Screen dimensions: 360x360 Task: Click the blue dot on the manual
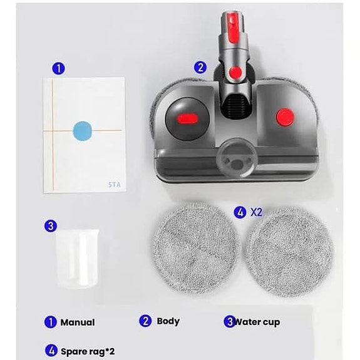pos(82,131)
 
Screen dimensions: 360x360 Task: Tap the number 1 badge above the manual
pos(58,68)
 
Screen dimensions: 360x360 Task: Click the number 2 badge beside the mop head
pos(200,67)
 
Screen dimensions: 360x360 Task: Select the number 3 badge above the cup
pos(51,225)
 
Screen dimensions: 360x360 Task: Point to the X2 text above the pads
pos(255,212)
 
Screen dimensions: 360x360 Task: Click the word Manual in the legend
pos(78,322)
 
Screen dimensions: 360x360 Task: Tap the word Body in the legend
pos(168,321)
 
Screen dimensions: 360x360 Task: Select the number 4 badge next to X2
pos(240,212)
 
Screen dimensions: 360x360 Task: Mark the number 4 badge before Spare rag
pos(51,351)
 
